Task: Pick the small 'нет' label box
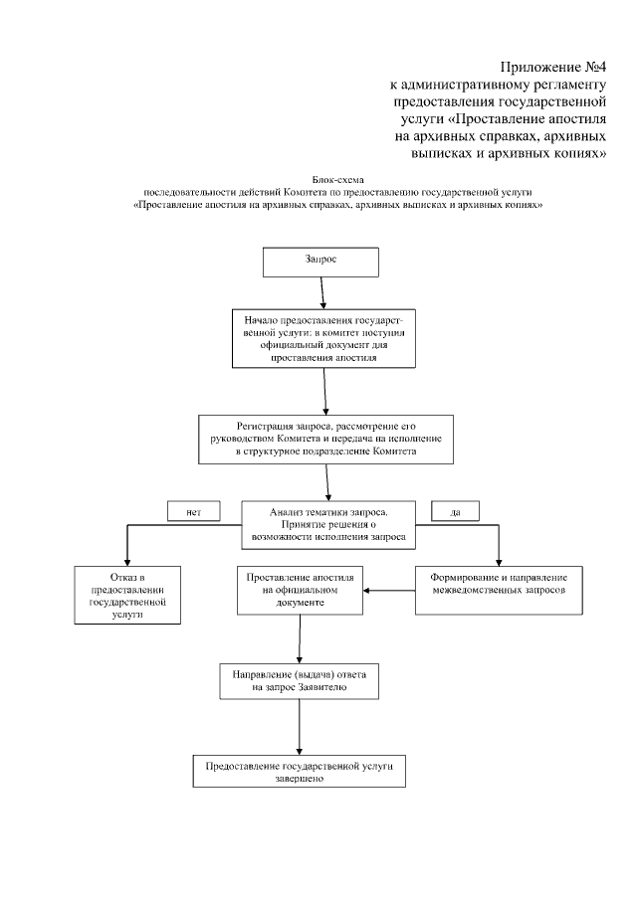coord(193,511)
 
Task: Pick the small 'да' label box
coord(455,511)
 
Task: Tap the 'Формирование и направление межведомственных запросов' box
coord(498,584)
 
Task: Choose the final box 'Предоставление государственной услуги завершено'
coord(300,773)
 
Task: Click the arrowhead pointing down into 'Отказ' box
coord(127,560)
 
